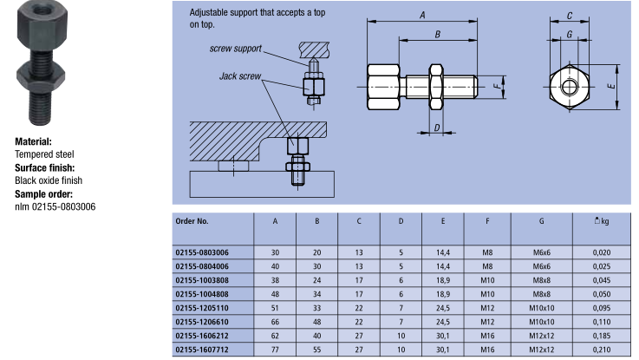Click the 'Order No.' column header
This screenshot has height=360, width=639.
click(192, 222)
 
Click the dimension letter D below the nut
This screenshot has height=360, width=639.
click(436, 128)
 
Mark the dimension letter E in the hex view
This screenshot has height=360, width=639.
click(610, 88)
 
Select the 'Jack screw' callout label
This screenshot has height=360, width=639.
click(238, 76)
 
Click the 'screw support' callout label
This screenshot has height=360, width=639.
click(236, 49)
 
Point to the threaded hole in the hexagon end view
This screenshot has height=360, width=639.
click(568, 88)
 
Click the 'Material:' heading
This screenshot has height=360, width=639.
click(33, 141)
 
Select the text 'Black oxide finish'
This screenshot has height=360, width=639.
click(49, 180)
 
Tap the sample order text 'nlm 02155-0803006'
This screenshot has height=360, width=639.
click(55, 206)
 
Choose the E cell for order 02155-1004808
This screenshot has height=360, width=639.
click(443, 292)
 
